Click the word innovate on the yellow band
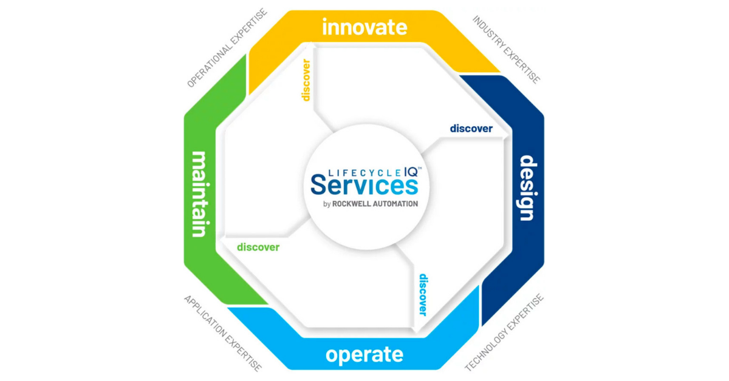tap(364, 27)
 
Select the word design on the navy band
tap(527, 188)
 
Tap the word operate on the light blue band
tap(364, 354)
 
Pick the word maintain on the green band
tap(200, 194)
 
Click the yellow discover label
tap(306, 79)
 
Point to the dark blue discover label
tap(471, 129)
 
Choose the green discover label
tap(258, 247)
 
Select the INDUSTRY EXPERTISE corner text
tap(506, 49)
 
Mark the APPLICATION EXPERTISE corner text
tap(223, 334)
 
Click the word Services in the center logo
tap(364, 184)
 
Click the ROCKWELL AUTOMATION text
tap(375, 204)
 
